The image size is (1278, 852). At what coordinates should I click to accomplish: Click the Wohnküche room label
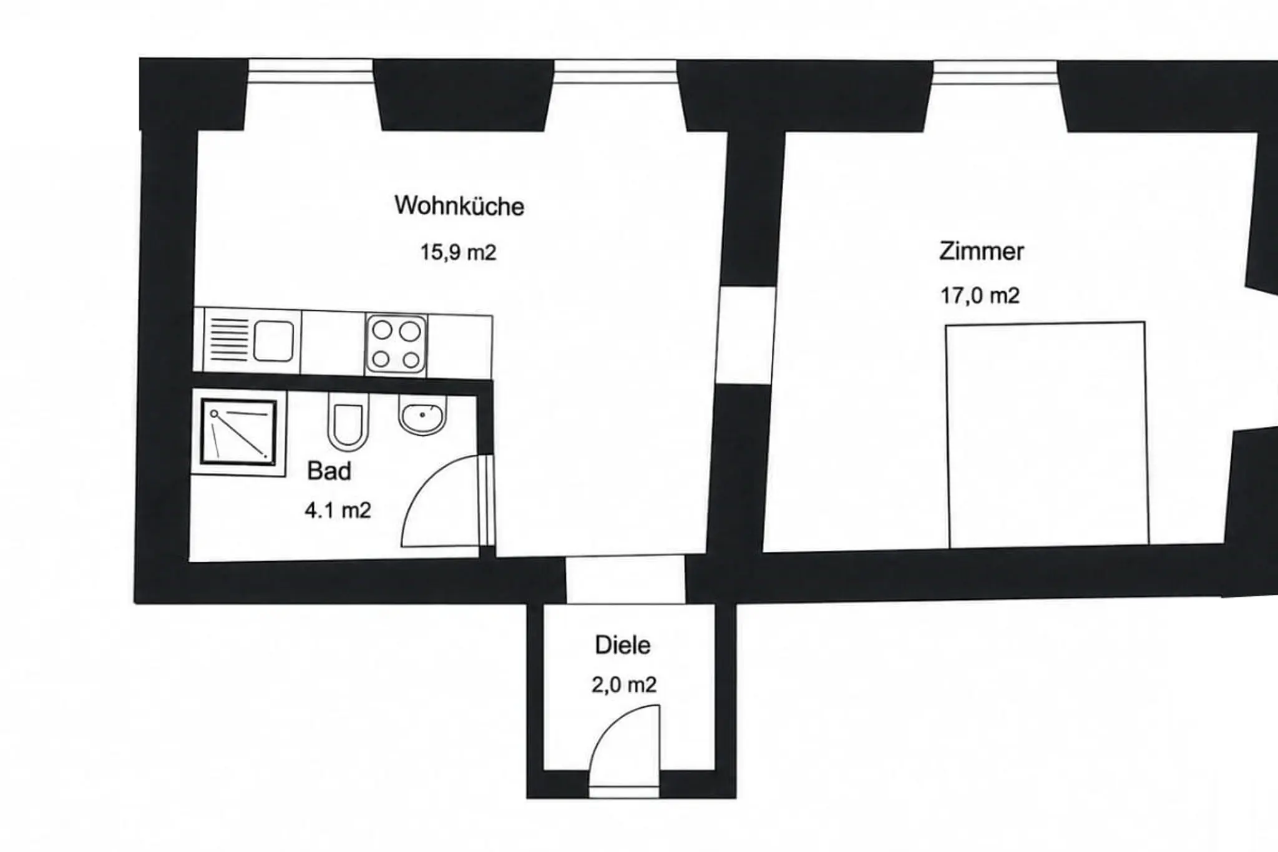pyautogui.click(x=459, y=206)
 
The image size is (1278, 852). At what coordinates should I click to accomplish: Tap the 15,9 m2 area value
pyautogui.click(x=458, y=252)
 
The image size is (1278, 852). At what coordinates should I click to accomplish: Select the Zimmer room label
pyautogui.click(x=981, y=251)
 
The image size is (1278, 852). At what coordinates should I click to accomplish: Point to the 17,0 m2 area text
pyautogui.click(x=980, y=295)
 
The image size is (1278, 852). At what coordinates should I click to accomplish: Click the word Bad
pyautogui.click(x=329, y=471)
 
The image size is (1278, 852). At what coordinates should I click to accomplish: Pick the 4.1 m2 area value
pyautogui.click(x=338, y=511)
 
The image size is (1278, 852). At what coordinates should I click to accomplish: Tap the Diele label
pyautogui.click(x=623, y=645)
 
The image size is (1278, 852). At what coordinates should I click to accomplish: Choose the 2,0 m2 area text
pyautogui.click(x=624, y=685)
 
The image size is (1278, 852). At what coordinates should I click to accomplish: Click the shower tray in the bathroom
pyautogui.click(x=238, y=432)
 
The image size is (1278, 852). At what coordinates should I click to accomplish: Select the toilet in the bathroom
pyautogui.click(x=348, y=422)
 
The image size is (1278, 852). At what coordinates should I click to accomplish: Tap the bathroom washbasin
pyautogui.click(x=422, y=415)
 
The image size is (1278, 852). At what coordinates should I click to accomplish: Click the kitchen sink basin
pyautogui.click(x=273, y=341)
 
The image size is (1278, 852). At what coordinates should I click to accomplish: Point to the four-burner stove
pyautogui.click(x=396, y=344)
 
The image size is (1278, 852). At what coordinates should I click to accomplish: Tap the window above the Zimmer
pyautogui.click(x=995, y=72)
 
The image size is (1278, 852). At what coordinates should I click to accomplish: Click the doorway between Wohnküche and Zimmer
pyautogui.click(x=745, y=335)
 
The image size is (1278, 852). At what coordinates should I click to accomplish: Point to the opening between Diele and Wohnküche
pyautogui.click(x=625, y=580)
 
